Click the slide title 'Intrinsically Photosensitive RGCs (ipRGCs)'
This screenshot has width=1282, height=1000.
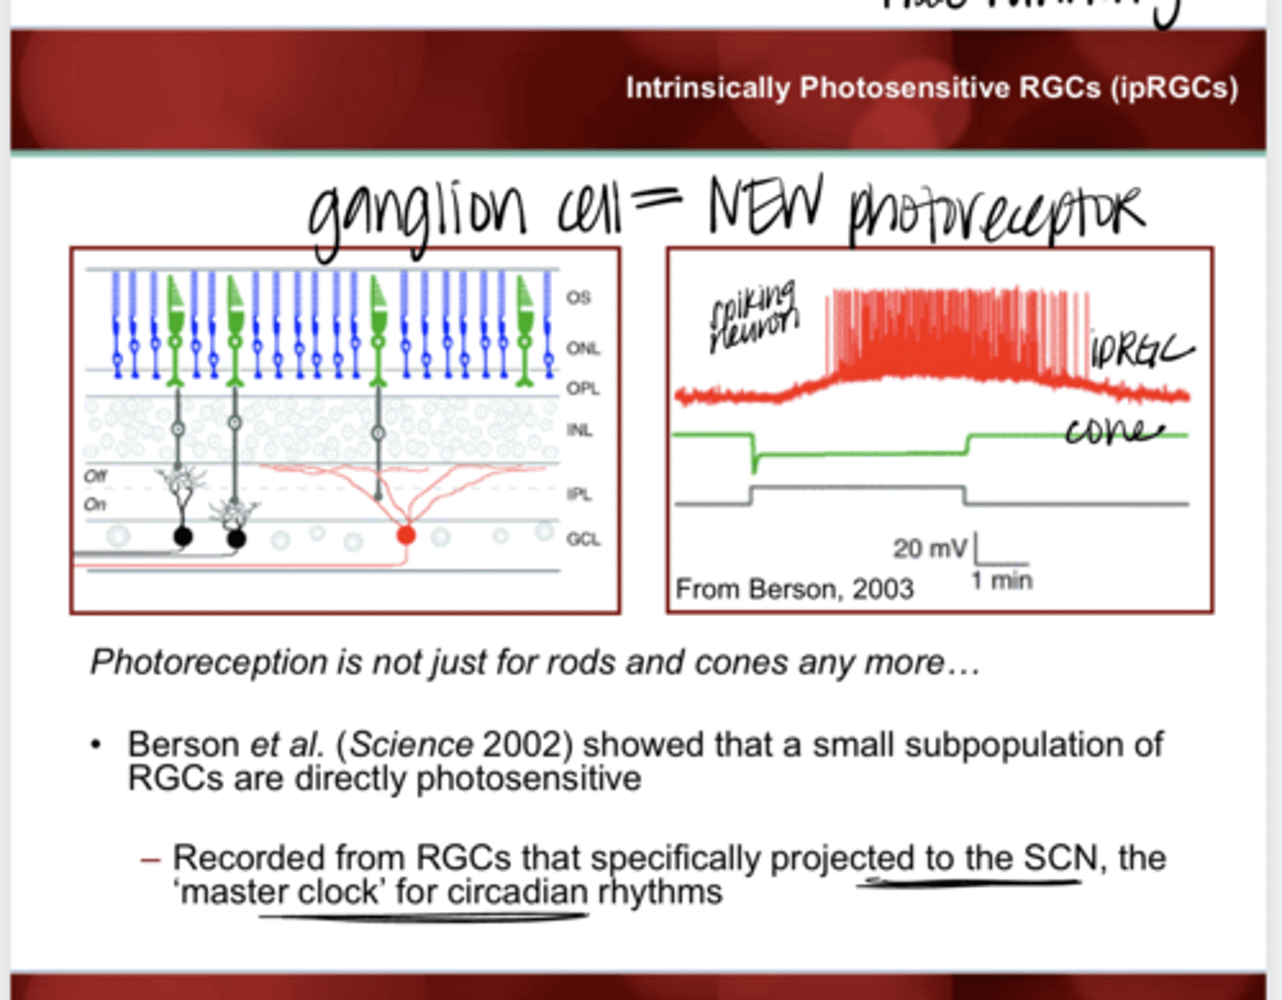pyautogui.click(x=931, y=88)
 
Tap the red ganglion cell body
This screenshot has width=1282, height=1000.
pyautogui.click(x=406, y=534)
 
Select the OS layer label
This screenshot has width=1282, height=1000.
pyautogui.click(x=579, y=297)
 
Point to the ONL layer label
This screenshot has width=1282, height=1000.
pyautogui.click(x=582, y=348)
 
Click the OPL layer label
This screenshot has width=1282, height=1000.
pyautogui.click(x=582, y=388)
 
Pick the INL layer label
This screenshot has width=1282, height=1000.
pyautogui.click(x=580, y=430)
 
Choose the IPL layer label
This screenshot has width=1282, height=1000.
pyautogui.click(x=579, y=494)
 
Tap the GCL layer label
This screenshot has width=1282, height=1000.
pyautogui.click(x=583, y=539)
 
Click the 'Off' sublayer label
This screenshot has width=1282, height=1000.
pyautogui.click(x=95, y=476)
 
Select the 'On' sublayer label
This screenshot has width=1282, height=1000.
pyautogui.click(x=94, y=505)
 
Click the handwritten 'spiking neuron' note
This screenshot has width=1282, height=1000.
pyautogui.click(x=753, y=316)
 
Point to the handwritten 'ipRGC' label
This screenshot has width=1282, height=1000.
pyautogui.click(x=1140, y=350)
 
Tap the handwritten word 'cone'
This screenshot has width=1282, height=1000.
pyautogui.click(x=1114, y=432)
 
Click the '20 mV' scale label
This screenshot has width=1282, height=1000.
pyautogui.click(x=929, y=548)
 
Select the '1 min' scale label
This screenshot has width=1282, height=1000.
pyautogui.click(x=1002, y=581)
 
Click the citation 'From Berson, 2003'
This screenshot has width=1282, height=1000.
pyautogui.click(x=794, y=589)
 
